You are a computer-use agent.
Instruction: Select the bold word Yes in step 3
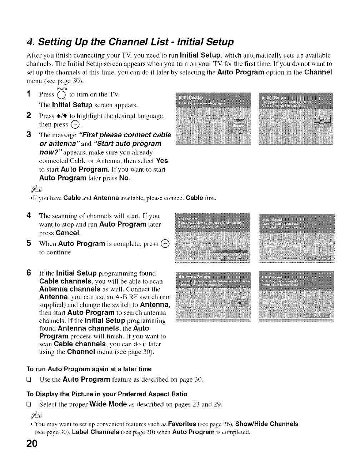point(162,161)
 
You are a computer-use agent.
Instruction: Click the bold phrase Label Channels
point(96,432)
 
